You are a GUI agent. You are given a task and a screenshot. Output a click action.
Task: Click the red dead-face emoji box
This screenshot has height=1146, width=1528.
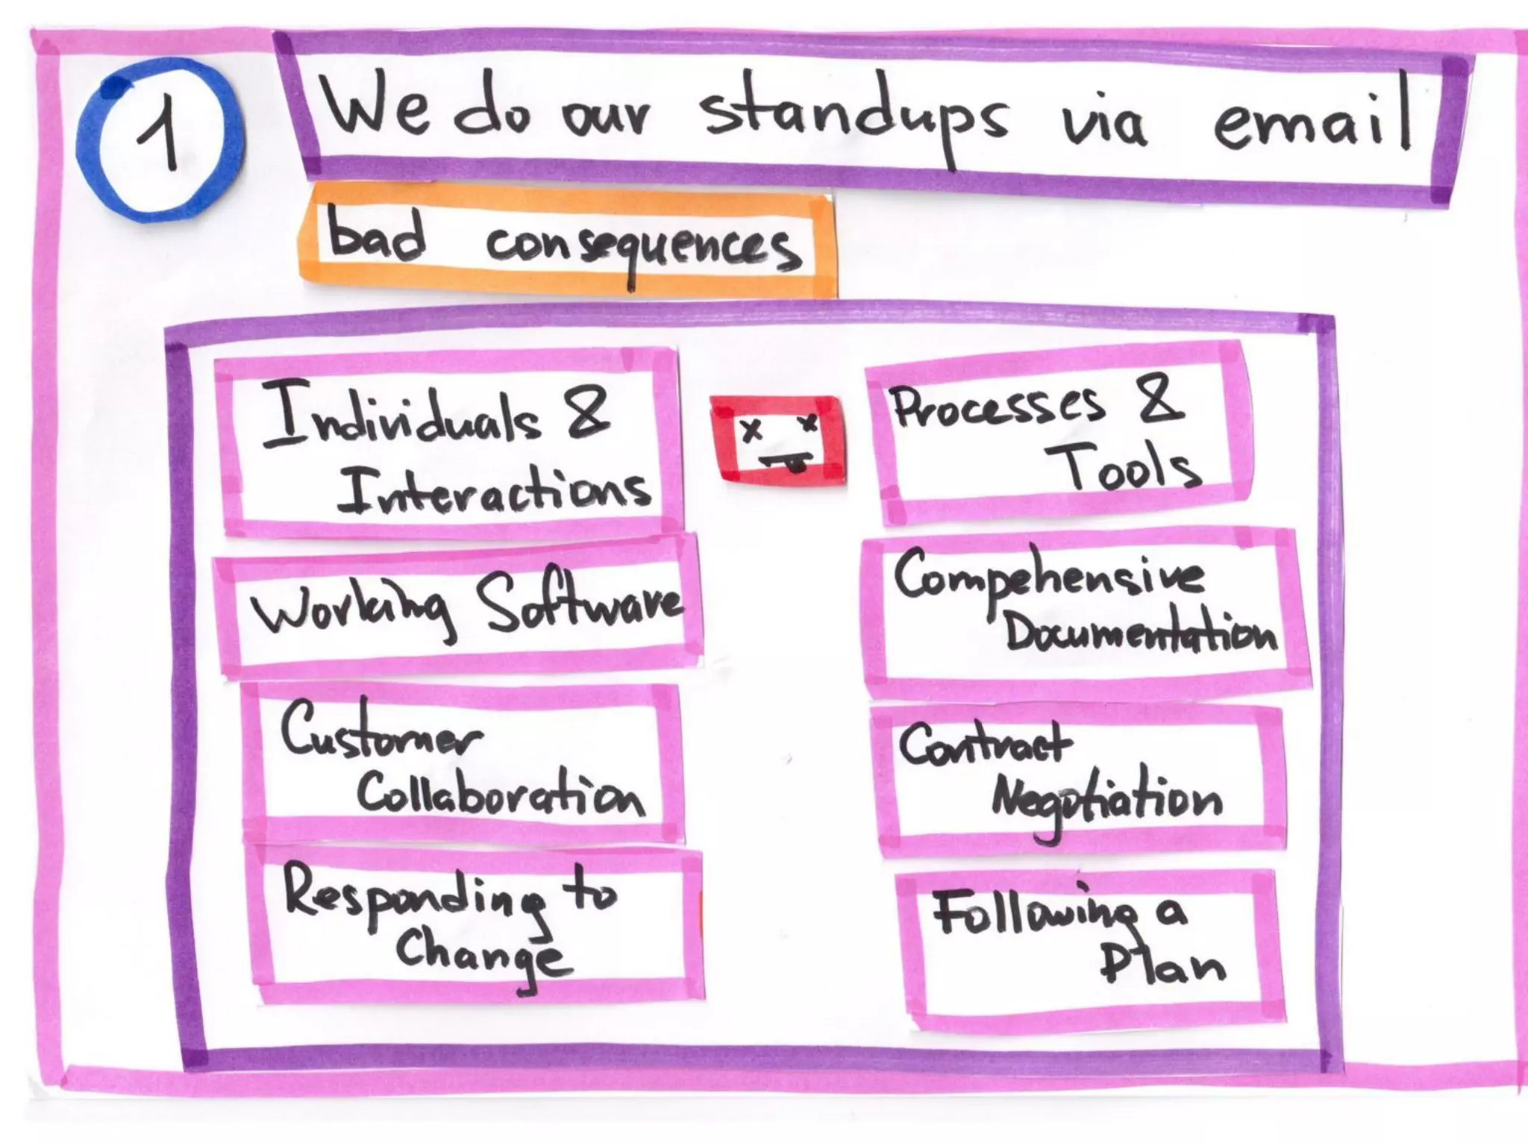pyautogui.click(x=777, y=440)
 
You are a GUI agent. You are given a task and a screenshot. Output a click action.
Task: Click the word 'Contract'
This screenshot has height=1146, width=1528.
pyautogui.click(x=984, y=742)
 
